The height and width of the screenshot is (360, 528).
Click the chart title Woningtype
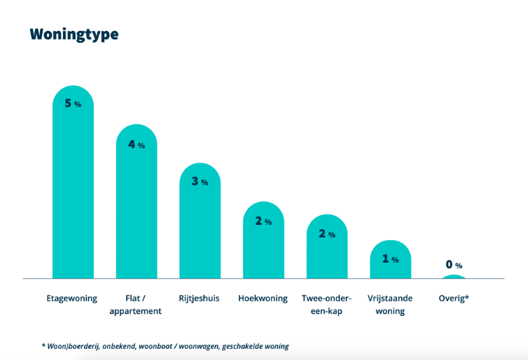point(74,34)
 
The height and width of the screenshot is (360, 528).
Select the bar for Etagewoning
point(73,189)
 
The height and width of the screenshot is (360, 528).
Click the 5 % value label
point(73,104)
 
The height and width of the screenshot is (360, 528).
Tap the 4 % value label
point(137,145)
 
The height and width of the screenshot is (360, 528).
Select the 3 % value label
point(200,181)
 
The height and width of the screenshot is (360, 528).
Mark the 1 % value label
point(390,259)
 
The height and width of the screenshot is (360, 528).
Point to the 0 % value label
point(454,265)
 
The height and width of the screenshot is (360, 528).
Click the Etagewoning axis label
point(73,298)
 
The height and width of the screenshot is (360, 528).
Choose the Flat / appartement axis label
point(136,304)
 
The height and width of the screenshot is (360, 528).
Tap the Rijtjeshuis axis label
point(200,298)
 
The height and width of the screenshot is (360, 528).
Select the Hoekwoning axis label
point(263,298)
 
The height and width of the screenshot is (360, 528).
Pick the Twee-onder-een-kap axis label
point(326,304)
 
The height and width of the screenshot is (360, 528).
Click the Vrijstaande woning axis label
point(390,304)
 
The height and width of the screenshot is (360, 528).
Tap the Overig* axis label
point(454,298)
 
